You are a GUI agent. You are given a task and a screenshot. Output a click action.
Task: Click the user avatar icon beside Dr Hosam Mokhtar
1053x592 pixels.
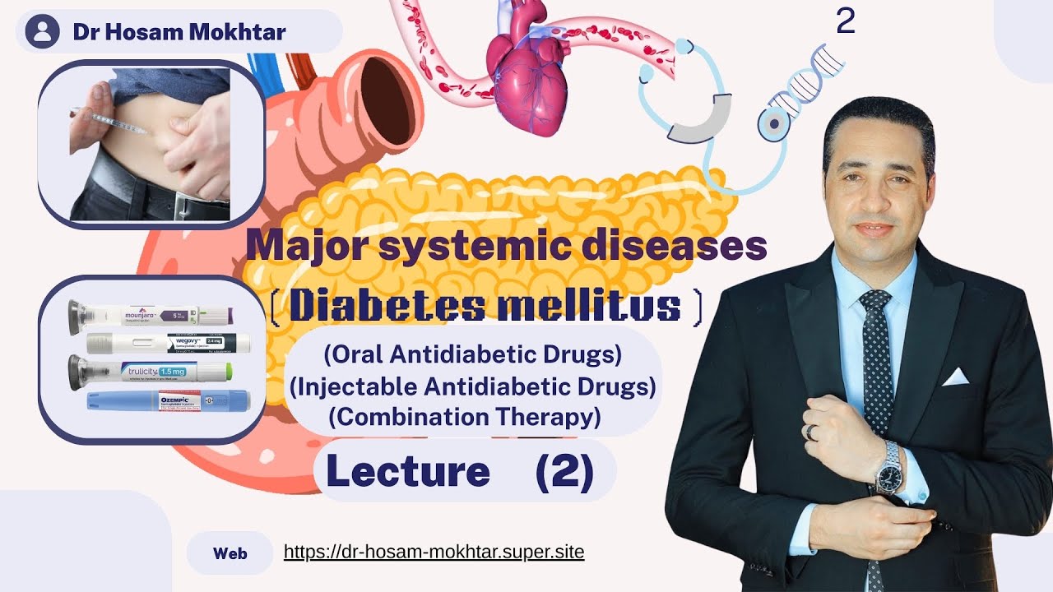[43, 32]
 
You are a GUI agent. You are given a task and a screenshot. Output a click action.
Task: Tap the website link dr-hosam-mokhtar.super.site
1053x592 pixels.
[434, 552]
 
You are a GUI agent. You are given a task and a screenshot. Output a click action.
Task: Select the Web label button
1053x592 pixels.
[230, 553]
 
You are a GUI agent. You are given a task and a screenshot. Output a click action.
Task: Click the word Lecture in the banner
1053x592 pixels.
[408, 471]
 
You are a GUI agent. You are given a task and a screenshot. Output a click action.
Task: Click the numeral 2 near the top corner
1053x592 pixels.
[845, 22]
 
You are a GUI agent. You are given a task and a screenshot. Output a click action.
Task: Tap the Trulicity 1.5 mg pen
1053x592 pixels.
[151, 371]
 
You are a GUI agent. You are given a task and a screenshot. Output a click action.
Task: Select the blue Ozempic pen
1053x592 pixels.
[169, 400]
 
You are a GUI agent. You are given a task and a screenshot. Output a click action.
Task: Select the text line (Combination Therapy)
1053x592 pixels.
[465, 417]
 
